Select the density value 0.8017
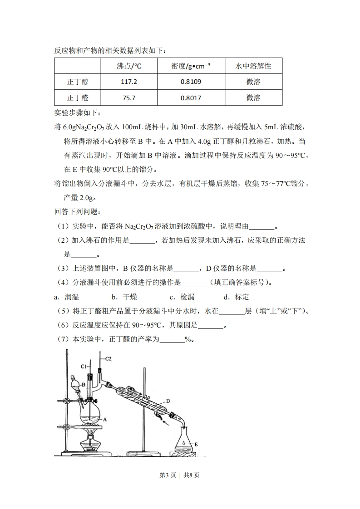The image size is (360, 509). point(190,98)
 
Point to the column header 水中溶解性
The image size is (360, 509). point(253,66)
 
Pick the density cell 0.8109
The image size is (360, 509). point(190,82)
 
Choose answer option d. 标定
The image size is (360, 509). point(236,297)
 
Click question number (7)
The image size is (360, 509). point(63,339)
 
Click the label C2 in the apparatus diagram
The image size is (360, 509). point(108,358)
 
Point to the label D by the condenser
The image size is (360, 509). point(168,401)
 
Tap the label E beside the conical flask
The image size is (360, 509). point(196,444)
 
